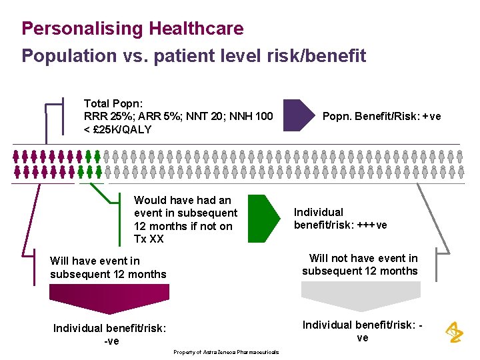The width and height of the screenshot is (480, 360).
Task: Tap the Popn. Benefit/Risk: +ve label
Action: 381,117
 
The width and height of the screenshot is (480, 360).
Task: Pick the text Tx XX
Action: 149,239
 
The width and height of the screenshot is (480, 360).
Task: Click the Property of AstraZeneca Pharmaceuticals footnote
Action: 226,352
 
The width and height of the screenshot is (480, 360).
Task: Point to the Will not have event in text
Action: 363,258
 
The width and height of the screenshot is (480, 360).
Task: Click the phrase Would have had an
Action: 183,200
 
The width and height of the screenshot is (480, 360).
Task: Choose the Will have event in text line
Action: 95,261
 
